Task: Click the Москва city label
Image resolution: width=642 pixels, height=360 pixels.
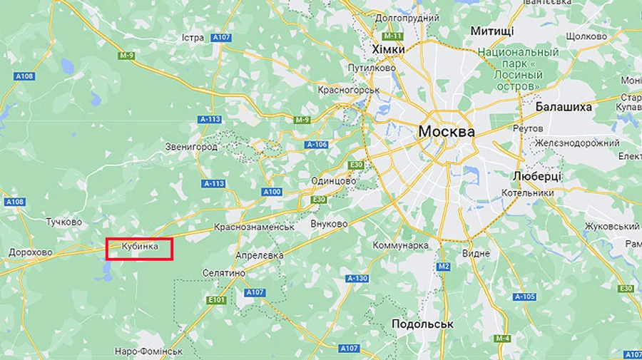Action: (446, 132)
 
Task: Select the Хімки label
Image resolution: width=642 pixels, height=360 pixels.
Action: (388, 49)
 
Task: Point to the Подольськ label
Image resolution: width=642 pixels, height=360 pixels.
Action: (422, 324)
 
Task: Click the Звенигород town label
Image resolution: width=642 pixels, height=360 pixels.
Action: (190, 147)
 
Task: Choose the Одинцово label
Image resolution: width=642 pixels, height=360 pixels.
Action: (333, 181)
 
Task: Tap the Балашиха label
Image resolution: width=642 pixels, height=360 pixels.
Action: (564, 107)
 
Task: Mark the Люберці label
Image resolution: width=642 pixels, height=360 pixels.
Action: (536, 175)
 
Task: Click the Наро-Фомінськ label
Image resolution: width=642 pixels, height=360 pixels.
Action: (149, 351)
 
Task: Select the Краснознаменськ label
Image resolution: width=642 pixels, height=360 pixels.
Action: (255, 227)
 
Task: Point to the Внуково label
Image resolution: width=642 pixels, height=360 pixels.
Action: (329, 224)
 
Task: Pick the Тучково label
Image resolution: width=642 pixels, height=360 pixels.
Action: (63, 222)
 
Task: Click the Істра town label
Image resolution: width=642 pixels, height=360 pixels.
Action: (193, 37)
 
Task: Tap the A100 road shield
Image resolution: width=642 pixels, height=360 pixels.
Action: (272, 192)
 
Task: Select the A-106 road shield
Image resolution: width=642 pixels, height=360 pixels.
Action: (316, 145)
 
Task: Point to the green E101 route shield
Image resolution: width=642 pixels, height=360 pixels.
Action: (218, 300)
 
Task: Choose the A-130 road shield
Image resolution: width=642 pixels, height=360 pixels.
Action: (357, 278)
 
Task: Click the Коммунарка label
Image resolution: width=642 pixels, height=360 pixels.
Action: (401, 245)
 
